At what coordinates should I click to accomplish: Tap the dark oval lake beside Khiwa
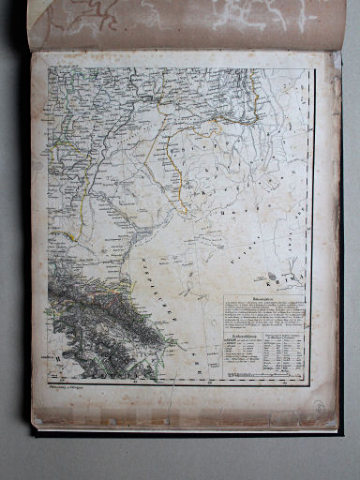click(x=272, y=276)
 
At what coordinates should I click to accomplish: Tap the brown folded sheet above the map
click(x=187, y=23)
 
